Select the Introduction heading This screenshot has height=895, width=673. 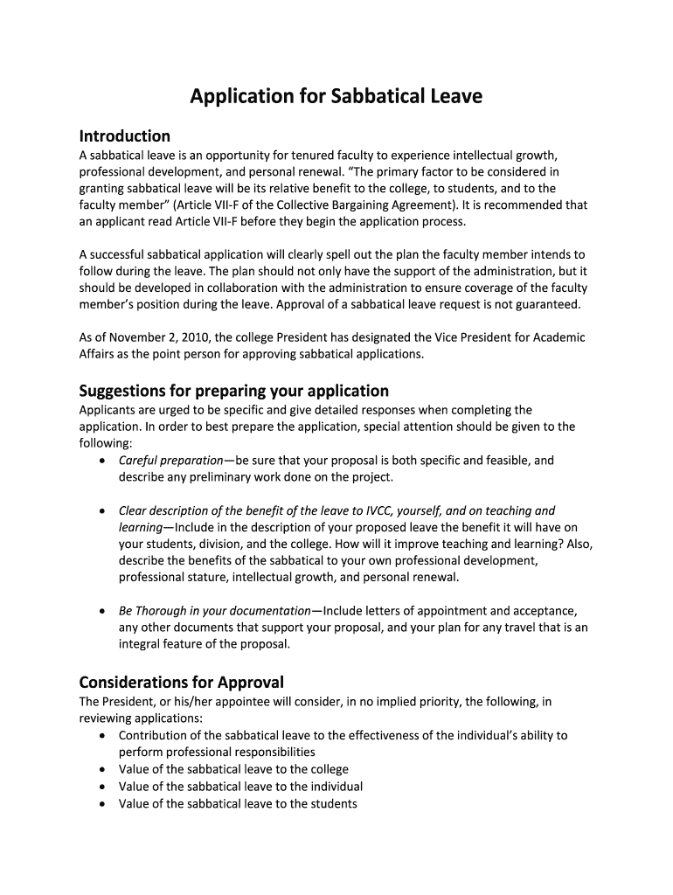[124, 136]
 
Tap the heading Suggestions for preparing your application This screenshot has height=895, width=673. [233, 391]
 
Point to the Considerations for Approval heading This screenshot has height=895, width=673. [181, 682]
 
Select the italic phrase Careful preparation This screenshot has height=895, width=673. [170, 461]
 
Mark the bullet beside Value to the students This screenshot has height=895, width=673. [104, 804]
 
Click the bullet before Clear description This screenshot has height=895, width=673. [104, 511]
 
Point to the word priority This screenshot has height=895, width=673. [413, 702]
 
